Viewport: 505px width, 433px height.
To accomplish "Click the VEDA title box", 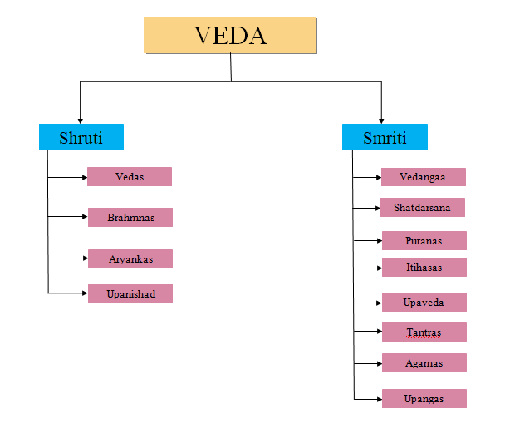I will (x=230, y=36).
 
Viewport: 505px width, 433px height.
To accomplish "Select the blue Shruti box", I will (x=81, y=137).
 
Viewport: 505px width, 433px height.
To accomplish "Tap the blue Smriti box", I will (x=385, y=137).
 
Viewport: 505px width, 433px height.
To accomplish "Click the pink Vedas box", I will (x=130, y=176).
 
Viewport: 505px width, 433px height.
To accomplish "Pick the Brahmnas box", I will (x=130, y=217).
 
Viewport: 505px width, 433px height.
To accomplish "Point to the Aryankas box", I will (x=130, y=258).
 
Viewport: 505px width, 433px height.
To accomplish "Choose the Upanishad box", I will (x=130, y=293).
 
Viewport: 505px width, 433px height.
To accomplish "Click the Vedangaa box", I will (x=424, y=177).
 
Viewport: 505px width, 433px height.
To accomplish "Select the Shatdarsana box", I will (x=423, y=207).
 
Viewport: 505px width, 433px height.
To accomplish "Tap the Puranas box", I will (x=424, y=241).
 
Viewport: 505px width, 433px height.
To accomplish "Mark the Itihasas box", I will (x=424, y=267).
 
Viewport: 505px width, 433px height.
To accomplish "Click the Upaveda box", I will (x=424, y=302).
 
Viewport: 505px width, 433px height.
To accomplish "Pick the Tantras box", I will (x=424, y=332).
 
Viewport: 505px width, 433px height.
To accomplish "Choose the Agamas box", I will (x=424, y=363).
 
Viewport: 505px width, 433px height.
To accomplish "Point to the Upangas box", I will (x=424, y=398).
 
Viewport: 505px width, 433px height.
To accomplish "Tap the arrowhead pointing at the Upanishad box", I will (x=84, y=293).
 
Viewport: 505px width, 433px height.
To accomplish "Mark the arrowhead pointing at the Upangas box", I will (x=378, y=399).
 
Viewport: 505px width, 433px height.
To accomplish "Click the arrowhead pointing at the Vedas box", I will (x=84, y=176).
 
